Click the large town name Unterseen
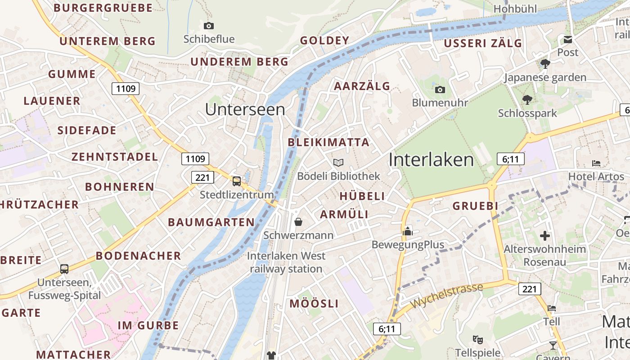245,109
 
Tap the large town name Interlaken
431,160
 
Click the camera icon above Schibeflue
209,26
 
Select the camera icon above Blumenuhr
440,90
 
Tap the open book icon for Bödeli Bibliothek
338,162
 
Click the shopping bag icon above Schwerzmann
298,221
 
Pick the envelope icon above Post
568,40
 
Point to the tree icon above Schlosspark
527,99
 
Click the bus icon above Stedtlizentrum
237,181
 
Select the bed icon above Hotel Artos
596,163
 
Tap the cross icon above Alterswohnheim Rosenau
545,235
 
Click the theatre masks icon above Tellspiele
477,339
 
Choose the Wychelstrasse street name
446,296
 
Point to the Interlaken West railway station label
286,262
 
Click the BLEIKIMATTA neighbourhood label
328,143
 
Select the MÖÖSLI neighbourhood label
314,304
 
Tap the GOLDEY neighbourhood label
324,40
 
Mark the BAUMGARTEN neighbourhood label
211,222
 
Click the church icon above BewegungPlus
408,231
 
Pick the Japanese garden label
545,77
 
